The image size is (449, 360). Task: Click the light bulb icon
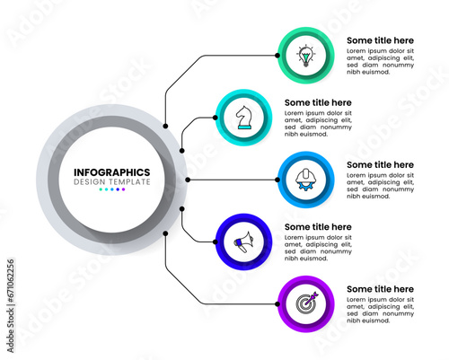(305, 56)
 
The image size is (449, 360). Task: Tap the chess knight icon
(243, 118)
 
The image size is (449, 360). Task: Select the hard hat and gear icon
(305, 180)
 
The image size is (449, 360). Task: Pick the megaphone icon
(243, 241)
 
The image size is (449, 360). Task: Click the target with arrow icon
(306, 303)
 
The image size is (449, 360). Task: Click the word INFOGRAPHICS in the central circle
(112, 172)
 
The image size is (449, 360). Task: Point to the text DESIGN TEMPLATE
(112, 182)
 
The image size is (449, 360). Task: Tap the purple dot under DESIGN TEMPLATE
(123, 189)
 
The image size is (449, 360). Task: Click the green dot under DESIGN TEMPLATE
(101, 189)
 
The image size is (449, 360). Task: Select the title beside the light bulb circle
(380, 40)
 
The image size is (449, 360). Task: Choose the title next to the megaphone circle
(318, 227)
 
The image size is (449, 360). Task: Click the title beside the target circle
(380, 289)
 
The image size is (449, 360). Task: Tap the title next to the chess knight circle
(318, 102)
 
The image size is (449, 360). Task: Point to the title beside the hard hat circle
(380, 164)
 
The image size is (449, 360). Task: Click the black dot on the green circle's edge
(277, 56)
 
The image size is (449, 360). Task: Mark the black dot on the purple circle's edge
(277, 304)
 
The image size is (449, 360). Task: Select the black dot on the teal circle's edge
(216, 118)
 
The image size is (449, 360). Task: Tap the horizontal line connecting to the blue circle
(233, 180)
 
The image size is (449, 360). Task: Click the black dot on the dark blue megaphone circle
(216, 241)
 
